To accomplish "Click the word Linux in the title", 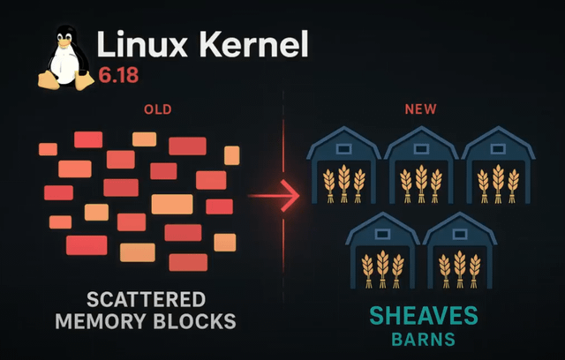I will pos(134,43).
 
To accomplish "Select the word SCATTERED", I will pos(147,298).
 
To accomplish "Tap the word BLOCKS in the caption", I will pos(200,320).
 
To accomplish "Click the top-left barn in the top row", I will pos(343,168).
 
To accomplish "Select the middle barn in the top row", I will pos(420,168).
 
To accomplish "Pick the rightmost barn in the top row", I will pos(497,168).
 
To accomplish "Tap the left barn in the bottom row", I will pos(382,253).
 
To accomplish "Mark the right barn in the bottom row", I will pos(459,253).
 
